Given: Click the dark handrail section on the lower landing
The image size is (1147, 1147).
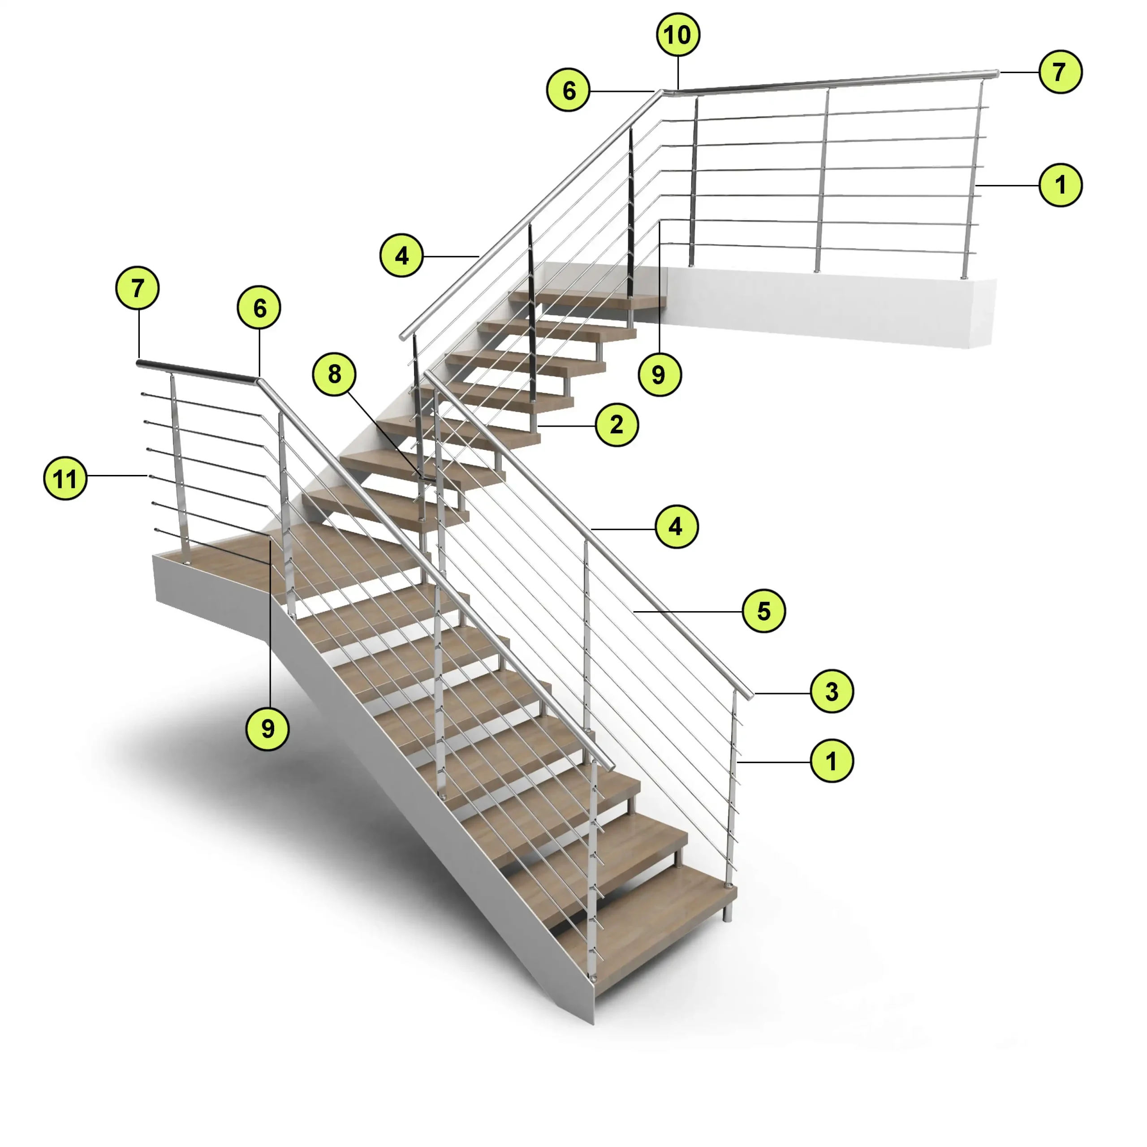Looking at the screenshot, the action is point(197,371).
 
